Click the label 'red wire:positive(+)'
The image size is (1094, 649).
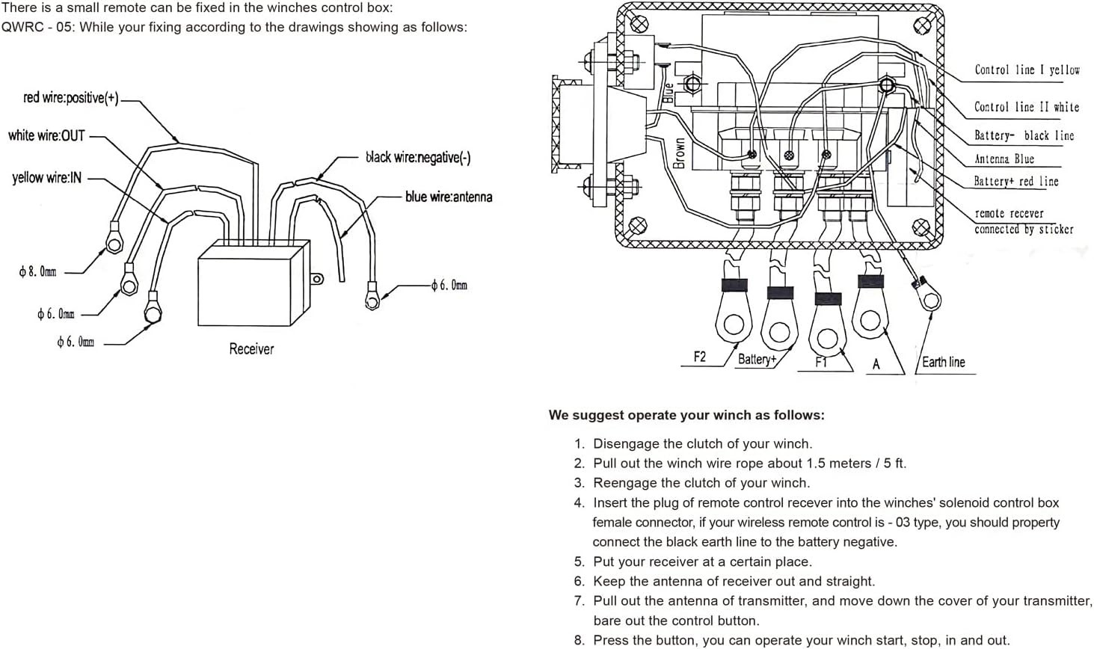(x=71, y=98)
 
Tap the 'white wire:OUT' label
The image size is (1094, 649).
(x=47, y=135)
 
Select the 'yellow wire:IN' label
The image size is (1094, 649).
(x=47, y=177)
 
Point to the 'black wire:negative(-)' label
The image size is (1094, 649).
(x=418, y=157)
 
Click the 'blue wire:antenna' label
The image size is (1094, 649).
(x=449, y=197)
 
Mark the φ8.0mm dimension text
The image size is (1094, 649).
(x=37, y=271)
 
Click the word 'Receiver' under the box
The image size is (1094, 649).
(x=251, y=348)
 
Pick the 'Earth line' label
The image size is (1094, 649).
(x=944, y=362)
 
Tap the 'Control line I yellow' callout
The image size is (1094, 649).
(x=1027, y=70)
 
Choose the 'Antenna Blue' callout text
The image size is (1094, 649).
(x=1004, y=159)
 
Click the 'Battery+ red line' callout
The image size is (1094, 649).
(x=1016, y=181)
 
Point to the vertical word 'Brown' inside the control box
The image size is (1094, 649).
(x=679, y=153)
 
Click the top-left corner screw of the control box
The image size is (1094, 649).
(x=639, y=23)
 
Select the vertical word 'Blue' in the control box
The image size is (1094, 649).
(x=668, y=93)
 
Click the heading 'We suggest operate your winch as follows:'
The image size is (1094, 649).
(x=686, y=415)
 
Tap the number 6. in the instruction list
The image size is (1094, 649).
(x=580, y=581)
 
